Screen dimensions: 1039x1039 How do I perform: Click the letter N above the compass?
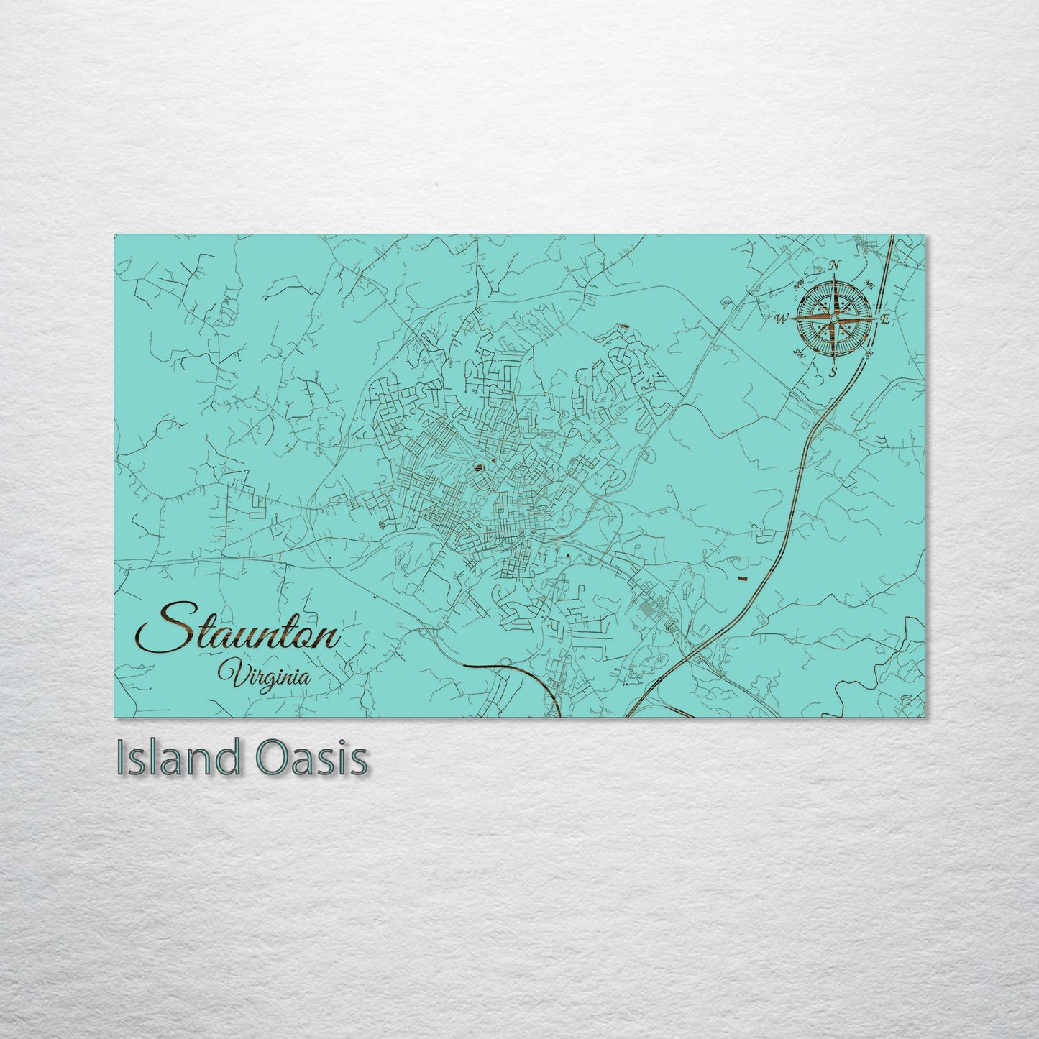click(x=834, y=265)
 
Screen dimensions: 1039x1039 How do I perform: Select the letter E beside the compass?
click(x=886, y=319)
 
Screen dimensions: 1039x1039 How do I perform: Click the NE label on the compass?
click(x=868, y=281)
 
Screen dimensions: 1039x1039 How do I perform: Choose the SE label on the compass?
click(x=869, y=354)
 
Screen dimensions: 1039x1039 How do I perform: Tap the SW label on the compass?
click(x=797, y=352)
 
